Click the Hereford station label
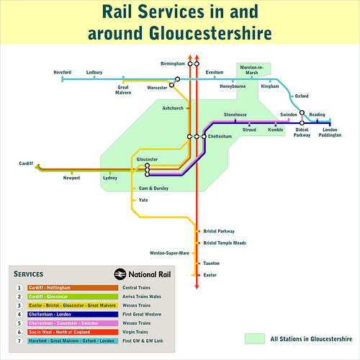click(x=63, y=73)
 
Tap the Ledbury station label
click(x=94, y=73)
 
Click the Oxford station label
click(x=302, y=96)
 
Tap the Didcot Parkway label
click(x=302, y=134)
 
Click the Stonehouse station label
click(x=235, y=114)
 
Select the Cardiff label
click(x=26, y=164)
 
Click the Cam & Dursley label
click(x=153, y=188)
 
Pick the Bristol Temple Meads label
click(x=225, y=243)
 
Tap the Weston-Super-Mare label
click(x=169, y=253)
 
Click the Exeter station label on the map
click(x=210, y=275)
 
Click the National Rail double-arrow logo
click(x=120, y=274)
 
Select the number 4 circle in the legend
click(x=19, y=314)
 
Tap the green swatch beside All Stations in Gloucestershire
click(x=255, y=338)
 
